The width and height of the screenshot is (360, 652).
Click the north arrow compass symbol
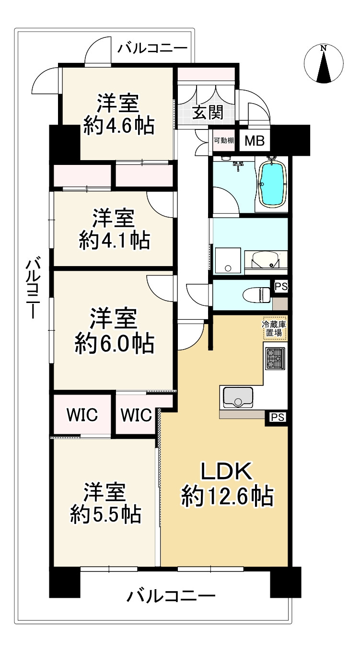(x=324, y=64)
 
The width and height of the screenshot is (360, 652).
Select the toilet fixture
(x=256, y=295)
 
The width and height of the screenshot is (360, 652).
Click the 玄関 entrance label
(x=208, y=112)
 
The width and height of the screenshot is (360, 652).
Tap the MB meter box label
(x=255, y=141)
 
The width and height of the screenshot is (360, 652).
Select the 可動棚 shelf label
(x=224, y=140)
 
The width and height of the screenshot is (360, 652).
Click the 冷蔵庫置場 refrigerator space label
(x=274, y=328)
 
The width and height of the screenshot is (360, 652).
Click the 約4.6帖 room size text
(x=119, y=126)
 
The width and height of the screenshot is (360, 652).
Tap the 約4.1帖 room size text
(x=115, y=241)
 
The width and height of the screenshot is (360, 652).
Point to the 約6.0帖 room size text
(x=115, y=344)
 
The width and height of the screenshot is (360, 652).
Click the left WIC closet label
(x=82, y=415)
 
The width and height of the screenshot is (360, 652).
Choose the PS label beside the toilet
(x=281, y=287)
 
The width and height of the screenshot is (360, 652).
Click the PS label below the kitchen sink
(x=278, y=418)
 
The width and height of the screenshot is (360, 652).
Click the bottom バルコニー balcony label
(x=171, y=595)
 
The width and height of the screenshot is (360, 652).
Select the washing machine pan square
(x=228, y=260)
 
